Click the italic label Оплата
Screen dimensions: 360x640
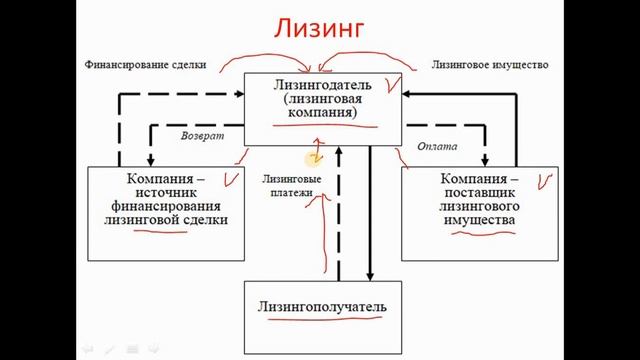pyautogui.click(x=437, y=145)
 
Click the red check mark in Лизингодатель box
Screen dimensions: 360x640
pyautogui.click(x=393, y=87)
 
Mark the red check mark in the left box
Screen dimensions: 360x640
pyautogui.click(x=233, y=180)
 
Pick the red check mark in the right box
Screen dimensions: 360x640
pyautogui.click(x=545, y=181)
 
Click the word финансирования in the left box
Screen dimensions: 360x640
pyautogui.click(x=166, y=204)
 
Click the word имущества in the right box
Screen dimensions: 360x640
pyautogui.click(x=481, y=219)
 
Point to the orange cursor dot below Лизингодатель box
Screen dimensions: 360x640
pyautogui.click(x=315, y=156)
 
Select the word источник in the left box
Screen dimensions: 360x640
pyautogui.click(x=166, y=190)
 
